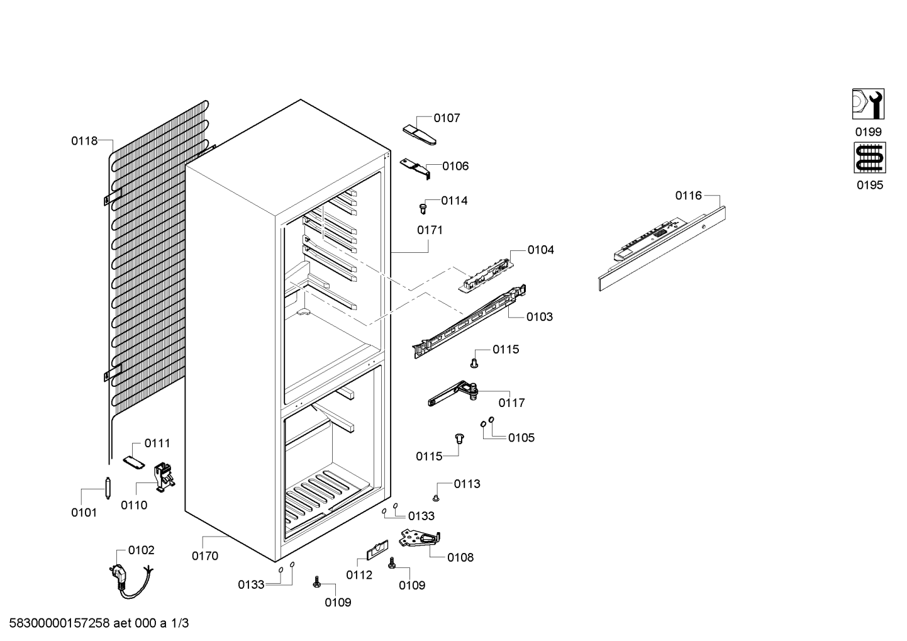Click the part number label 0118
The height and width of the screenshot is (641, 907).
click(x=84, y=141)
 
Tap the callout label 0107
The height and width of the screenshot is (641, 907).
click(x=447, y=118)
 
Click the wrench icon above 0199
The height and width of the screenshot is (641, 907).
click(x=868, y=104)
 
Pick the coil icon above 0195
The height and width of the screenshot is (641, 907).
click(x=870, y=157)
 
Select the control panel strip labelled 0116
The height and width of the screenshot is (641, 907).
click(x=662, y=248)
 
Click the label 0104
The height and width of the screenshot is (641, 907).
click(x=540, y=250)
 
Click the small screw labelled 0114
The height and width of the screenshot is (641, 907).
click(x=423, y=209)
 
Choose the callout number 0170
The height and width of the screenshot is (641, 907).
click(x=205, y=556)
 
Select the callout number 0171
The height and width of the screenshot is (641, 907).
click(x=430, y=230)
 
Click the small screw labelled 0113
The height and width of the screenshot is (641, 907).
click(x=436, y=498)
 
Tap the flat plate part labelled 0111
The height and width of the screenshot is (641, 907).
click(x=134, y=462)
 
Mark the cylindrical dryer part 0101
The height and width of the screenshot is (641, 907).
click(x=108, y=488)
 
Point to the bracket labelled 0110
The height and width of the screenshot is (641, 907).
click(x=164, y=477)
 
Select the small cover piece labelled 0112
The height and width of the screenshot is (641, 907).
click(x=377, y=550)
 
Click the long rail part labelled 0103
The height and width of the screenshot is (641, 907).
click(x=469, y=321)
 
